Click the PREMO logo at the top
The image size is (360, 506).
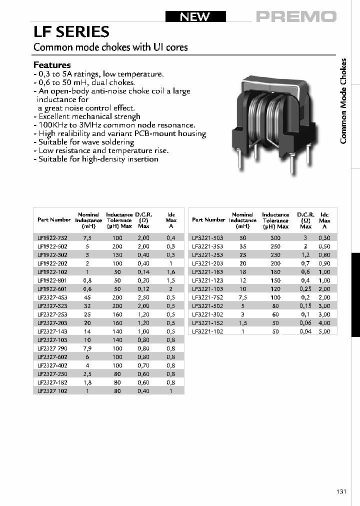click(x=296, y=16)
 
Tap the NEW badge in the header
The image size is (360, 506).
click(x=195, y=16)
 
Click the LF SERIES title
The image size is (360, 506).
click(x=71, y=32)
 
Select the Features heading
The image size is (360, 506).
click(x=52, y=65)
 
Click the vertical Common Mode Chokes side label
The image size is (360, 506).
click(x=343, y=101)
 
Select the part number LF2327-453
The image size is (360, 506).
click(x=52, y=297)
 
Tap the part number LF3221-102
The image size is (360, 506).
click(x=207, y=331)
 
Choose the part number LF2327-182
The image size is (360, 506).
click(x=52, y=382)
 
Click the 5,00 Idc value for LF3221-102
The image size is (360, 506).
click(x=324, y=331)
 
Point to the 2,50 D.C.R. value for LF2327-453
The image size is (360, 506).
click(x=143, y=297)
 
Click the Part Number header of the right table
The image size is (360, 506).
click(x=208, y=220)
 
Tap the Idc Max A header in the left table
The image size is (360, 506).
click(x=171, y=220)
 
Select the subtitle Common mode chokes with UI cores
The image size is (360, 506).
click(x=110, y=47)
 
